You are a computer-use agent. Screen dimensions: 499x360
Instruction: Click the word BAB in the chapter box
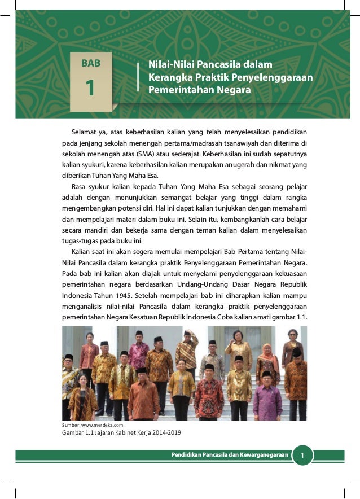(x=91, y=63)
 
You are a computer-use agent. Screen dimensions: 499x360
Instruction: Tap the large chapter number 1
(x=90, y=89)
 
